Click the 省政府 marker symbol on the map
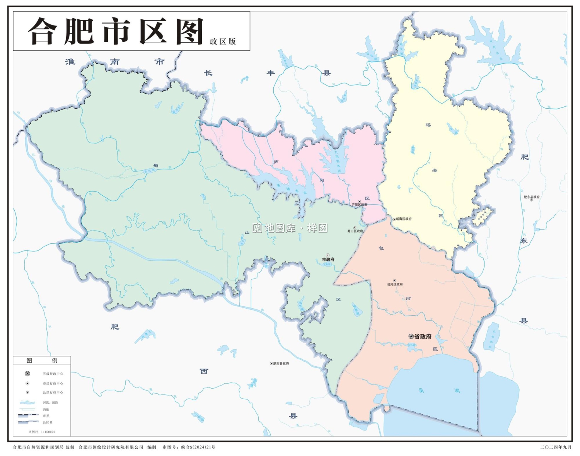411,336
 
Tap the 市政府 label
328,260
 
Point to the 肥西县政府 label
281,364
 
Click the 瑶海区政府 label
404,219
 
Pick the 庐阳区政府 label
359,205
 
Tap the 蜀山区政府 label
355,231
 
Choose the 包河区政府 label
395,284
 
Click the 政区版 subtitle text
223,41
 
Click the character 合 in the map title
43,31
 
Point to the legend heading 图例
42,360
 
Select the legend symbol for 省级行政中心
27,374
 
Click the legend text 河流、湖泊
50,403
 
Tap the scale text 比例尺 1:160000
42,432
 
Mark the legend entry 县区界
48,422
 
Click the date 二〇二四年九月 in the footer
556,447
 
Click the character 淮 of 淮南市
70,62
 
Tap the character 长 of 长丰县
208,73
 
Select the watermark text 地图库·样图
290,228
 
